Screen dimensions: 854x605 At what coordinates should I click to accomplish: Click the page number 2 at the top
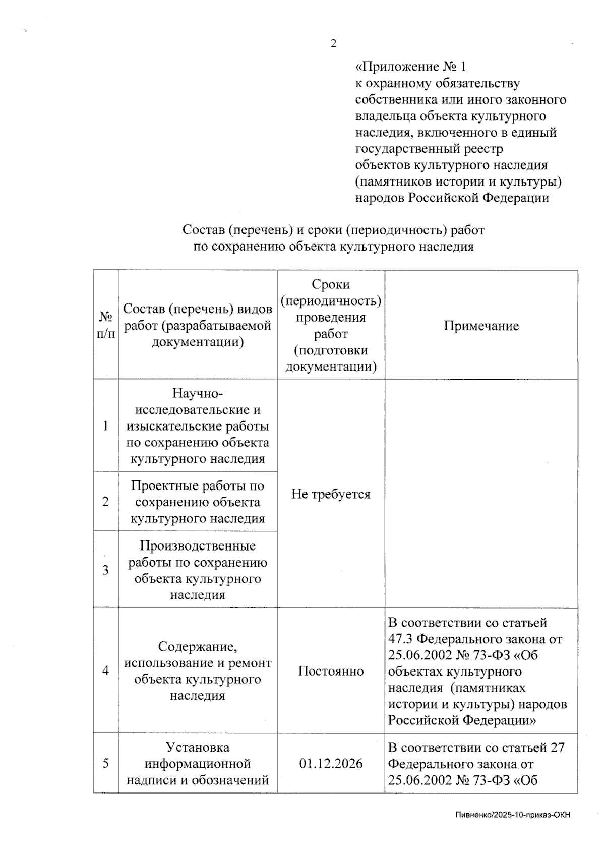[x=333, y=44]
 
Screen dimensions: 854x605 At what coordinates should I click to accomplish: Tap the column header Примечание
[x=481, y=326]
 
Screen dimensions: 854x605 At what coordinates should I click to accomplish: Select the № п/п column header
[x=105, y=325]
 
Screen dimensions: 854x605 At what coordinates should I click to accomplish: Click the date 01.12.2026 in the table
[x=331, y=763]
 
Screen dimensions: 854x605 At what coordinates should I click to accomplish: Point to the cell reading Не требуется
[x=331, y=494]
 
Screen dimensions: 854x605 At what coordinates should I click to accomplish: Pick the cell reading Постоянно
[x=331, y=671]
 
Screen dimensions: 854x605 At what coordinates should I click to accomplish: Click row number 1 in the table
[x=105, y=426]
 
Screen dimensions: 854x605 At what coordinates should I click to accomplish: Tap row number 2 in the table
[x=105, y=502]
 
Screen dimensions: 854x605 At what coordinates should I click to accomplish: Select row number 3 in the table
[x=105, y=570]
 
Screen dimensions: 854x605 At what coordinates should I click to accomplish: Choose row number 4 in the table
[x=105, y=671]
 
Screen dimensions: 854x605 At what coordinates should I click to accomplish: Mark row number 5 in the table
[x=105, y=763]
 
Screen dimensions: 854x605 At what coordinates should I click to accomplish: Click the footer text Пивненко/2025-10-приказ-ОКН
[x=513, y=815]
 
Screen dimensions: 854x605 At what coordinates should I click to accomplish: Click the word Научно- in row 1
[x=197, y=393]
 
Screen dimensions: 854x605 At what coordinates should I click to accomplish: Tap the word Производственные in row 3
[x=198, y=546]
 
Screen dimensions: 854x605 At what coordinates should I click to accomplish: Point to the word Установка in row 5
[x=198, y=747]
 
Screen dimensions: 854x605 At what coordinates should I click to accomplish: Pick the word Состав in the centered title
[x=202, y=230]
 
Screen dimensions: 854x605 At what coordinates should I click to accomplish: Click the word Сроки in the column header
[x=331, y=284]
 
